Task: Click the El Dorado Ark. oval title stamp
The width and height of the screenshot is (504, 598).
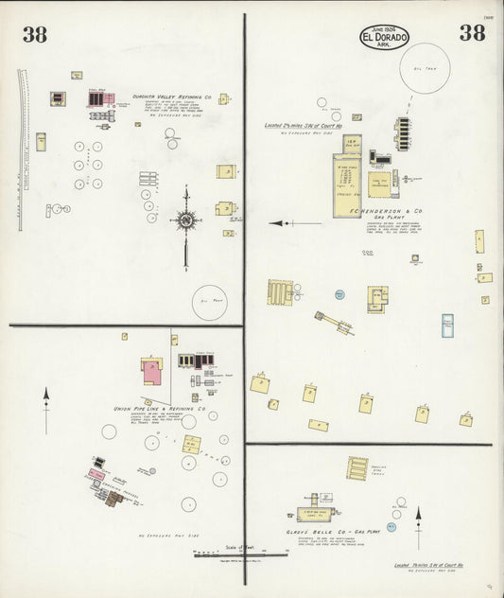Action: click(384, 37)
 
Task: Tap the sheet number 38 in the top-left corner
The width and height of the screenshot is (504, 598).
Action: click(36, 35)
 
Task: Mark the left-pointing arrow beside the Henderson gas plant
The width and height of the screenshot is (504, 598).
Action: click(282, 223)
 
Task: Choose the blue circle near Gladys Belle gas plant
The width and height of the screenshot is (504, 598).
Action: click(390, 526)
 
